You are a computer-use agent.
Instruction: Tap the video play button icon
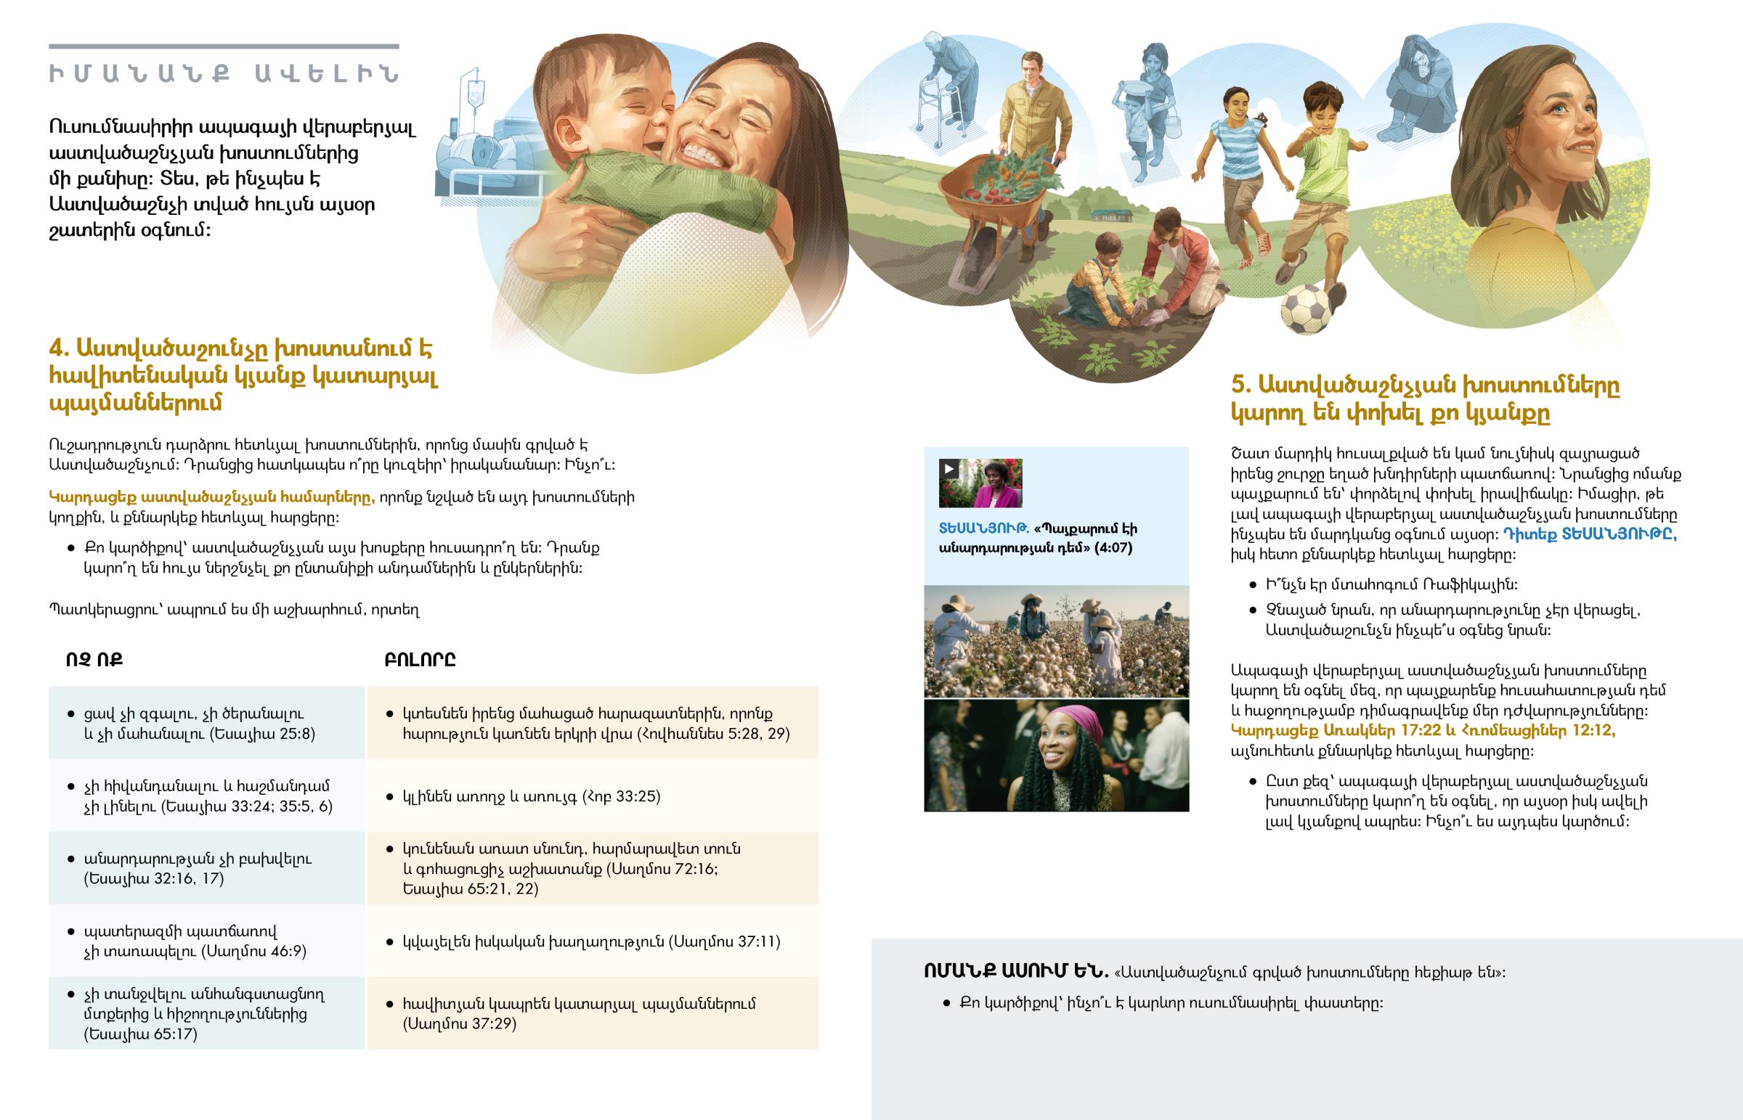pos(948,469)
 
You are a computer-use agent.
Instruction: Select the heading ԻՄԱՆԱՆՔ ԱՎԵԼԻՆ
pos(224,74)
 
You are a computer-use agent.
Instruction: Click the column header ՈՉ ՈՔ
pos(94,660)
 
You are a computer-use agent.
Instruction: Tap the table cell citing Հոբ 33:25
pos(593,796)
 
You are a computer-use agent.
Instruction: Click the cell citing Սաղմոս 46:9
pos(206,941)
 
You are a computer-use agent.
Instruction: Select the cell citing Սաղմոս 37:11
pos(593,941)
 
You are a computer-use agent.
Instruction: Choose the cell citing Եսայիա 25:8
pos(206,724)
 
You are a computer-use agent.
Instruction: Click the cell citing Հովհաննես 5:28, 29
pos(593,724)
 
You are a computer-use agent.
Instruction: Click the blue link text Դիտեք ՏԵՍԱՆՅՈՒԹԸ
pos(1590,534)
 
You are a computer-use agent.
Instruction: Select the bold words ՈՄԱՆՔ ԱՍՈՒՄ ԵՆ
pos(1015,972)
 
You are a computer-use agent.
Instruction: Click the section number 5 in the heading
pos(1240,385)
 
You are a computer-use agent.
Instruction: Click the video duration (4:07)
pos(1113,547)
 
